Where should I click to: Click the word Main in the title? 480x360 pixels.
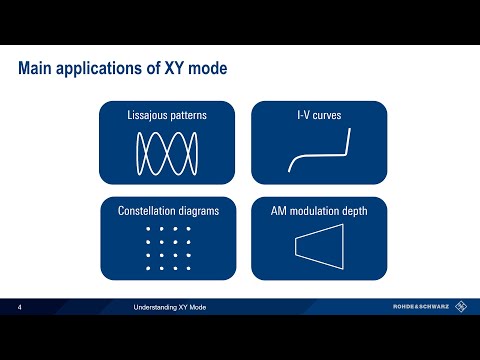click(37, 69)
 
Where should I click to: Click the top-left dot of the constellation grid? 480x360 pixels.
click(147, 231)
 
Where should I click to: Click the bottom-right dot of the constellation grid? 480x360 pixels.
click(187, 268)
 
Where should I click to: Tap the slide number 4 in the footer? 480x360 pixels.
click(21, 307)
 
